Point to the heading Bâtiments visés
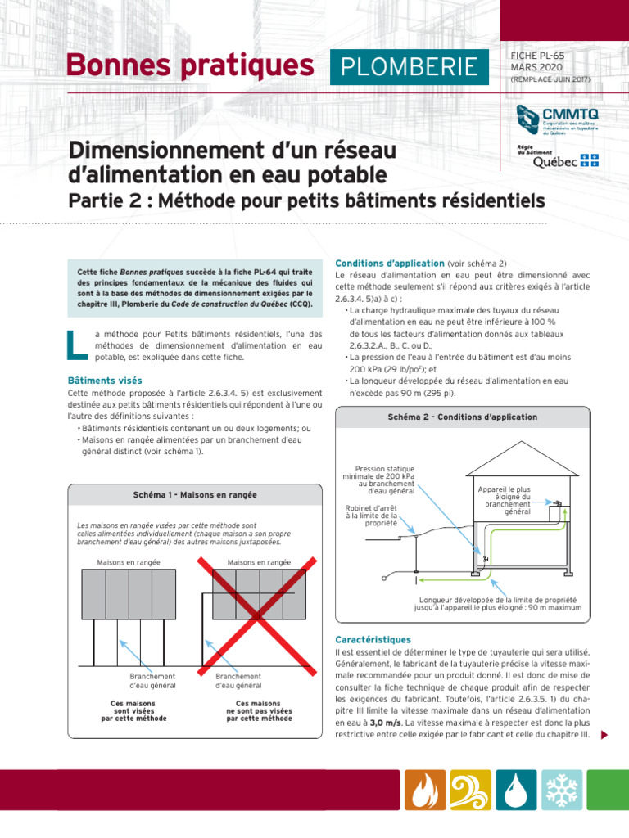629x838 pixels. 105,381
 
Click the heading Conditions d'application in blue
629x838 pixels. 389,263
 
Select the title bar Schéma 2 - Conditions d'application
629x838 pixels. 462,417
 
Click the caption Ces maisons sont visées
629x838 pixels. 133,710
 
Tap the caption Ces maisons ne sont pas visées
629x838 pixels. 259,710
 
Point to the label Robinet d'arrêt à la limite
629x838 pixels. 371,516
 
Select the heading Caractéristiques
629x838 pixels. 373,639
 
